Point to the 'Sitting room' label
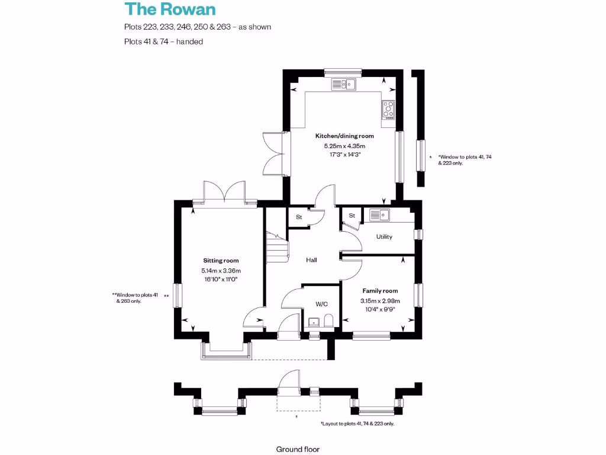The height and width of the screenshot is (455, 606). [x=221, y=261]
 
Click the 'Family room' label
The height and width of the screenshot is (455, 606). [x=379, y=291]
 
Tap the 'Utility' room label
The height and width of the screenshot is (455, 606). [x=384, y=237]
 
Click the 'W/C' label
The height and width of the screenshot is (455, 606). [x=321, y=304]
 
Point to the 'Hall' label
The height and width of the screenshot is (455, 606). [x=311, y=260]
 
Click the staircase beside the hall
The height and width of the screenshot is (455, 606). [x=276, y=246]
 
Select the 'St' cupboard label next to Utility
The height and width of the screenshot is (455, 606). [x=352, y=216]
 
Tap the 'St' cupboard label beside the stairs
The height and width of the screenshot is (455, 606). [x=299, y=217]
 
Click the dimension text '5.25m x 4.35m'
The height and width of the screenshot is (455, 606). [x=344, y=146]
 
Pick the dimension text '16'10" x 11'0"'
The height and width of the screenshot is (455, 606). [x=221, y=279]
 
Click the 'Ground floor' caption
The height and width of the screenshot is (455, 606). [x=298, y=449]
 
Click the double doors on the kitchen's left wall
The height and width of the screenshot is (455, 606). [x=273, y=153]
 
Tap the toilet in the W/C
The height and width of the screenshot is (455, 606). [x=328, y=321]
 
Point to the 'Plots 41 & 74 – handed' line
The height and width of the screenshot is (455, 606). [x=163, y=41]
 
